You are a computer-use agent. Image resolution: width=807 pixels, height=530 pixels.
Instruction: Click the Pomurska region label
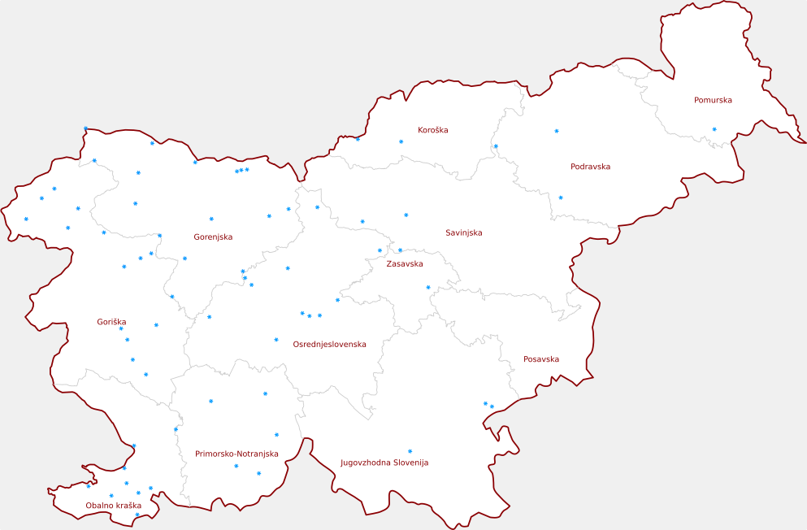(x=713, y=101)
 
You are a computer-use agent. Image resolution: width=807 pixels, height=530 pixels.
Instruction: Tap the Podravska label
(x=590, y=167)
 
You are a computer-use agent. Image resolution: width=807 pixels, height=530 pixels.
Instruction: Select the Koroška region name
(x=432, y=130)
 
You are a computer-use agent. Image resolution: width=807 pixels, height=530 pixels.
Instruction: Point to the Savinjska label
(x=463, y=233)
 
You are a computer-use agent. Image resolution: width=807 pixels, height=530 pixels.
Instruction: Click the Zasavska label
(x=404, y=264)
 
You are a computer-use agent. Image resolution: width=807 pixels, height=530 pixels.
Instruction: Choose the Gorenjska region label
(x=213, y=237)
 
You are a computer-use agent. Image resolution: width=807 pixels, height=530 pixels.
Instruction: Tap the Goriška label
(x=111, y=323)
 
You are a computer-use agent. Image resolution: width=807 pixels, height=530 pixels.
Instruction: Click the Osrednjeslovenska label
(x=329, y=345)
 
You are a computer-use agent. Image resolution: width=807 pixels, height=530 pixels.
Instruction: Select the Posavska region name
(x=540, y=359)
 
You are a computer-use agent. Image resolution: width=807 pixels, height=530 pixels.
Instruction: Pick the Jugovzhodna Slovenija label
(x=384, y=463)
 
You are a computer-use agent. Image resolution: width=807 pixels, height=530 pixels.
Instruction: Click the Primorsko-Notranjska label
(x=236, y=454)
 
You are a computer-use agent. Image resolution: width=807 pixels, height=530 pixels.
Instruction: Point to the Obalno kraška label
(x=114, y=506)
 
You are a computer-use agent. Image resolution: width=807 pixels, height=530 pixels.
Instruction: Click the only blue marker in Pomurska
(x=714, y=129)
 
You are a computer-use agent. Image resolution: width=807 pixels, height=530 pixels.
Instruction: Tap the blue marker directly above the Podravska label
(x=557, y=131)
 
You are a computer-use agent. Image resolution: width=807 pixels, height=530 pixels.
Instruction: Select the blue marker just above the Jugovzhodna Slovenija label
(x=410, y=451)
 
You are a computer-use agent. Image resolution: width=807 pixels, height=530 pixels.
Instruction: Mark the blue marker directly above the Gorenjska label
(x=211, y=219)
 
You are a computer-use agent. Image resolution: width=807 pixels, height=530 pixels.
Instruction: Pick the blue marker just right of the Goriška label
(x=156, y=325)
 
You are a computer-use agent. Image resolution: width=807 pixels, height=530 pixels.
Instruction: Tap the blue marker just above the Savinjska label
(x=406, y=215)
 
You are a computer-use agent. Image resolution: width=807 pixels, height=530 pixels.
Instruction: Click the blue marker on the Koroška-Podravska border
(x=496, y=146)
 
